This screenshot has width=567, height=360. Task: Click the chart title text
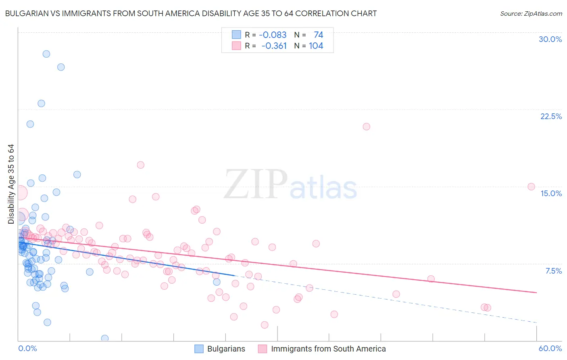[x=191, y=13]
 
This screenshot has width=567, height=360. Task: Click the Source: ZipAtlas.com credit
[x=531, y=13]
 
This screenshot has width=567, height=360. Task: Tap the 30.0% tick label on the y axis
[x=550, y=39]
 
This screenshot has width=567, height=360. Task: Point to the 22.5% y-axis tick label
[x=551, y=116]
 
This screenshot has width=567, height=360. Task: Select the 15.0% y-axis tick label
[x=551, y=193]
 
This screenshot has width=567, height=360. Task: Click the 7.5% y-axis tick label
[x=553, y=271]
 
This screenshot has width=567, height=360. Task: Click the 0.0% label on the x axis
[x=27, y=348]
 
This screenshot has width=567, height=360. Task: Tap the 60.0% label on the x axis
[x=550, y=348]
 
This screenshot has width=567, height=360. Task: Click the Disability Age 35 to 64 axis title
[x=11, y=184]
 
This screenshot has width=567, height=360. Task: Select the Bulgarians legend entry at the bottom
[x=226, y=349]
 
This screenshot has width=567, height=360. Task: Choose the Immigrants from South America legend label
[x=328, y=349]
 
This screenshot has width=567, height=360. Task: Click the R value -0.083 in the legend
[x=273, y=35]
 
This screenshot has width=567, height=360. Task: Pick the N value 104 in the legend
[x=316, y=46]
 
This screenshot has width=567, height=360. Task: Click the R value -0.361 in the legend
[x=274, y=46]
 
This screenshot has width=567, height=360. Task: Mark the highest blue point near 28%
[x=46, y=54]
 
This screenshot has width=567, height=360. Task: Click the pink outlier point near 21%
[x=366, y=126]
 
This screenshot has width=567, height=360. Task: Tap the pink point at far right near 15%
[x=531, y=186]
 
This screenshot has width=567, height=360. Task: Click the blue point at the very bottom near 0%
[x=105, y=338]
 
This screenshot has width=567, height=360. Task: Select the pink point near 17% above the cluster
[x=140, y=165]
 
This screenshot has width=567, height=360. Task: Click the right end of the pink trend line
[x=536, y=292]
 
